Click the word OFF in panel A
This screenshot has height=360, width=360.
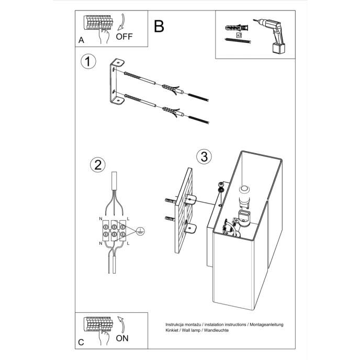(125, 37)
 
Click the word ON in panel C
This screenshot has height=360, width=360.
(122, 338)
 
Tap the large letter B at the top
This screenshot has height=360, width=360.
(159, 26)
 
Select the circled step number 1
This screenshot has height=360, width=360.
(89, 61)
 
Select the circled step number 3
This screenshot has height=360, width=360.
(204, 156)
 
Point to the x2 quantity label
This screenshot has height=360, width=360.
(239, 35)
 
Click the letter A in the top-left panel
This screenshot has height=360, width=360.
(81, 40)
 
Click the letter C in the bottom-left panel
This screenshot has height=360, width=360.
(81, 342)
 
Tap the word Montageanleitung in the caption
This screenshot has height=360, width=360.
(266, 325)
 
